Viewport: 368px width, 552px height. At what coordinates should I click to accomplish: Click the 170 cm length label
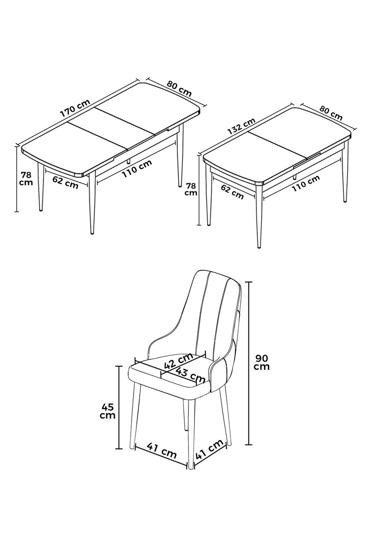pos(75,108)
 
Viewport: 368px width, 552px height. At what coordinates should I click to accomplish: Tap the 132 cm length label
pos(241,126)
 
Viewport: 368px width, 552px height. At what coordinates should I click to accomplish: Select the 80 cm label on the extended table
pos(179,88)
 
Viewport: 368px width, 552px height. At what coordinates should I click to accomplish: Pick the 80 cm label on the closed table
pos(331,113)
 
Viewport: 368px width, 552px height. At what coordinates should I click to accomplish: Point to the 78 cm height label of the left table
pos(27,179)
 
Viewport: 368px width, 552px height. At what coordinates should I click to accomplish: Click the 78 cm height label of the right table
pos(191,189)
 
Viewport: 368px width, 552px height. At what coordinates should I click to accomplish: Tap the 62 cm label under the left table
pos(65,182)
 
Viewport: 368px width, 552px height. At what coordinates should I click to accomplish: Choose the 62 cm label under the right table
pos(232,192)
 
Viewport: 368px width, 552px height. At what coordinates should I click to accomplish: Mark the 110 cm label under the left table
pos(137,169)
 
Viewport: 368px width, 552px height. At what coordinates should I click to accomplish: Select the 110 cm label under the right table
pos(306,183)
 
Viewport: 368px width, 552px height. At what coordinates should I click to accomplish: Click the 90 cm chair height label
pos(262,362)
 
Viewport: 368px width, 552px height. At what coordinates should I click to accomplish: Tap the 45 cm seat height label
pos(108,411)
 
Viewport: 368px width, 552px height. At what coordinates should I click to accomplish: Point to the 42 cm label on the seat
pos(179,361)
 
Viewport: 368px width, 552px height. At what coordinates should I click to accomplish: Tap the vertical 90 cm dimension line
pos(248,363)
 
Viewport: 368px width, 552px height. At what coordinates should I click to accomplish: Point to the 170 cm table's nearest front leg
pos(91,203)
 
